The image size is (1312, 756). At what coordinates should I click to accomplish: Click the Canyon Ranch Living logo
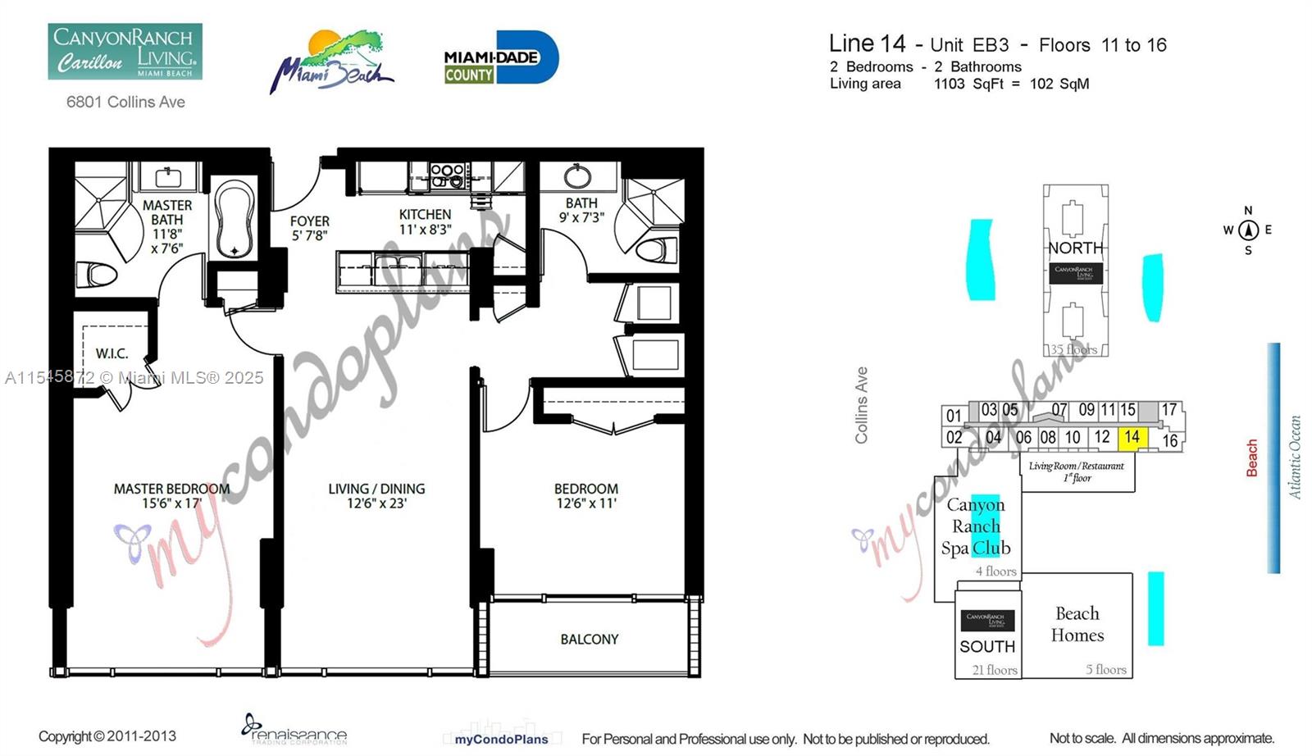pyautogui.click(x=125, y=52)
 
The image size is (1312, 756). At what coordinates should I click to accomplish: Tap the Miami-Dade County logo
pyautogui.click(x=501, y=58)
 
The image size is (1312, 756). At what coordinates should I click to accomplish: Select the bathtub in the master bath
pyautogui.click(x=235, y=219)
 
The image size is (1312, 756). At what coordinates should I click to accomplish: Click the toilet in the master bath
pyautogui.click(x=97, y=273)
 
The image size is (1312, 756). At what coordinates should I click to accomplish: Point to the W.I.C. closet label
pyautogui.click(x=112, y=353)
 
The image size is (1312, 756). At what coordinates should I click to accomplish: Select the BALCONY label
pyautogui.click(x=589, y=639)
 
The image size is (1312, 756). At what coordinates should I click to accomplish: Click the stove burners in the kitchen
pyautogui.click(x=447, y=175)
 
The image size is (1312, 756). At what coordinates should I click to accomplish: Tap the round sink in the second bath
pyautogui.click(x=578, y=175)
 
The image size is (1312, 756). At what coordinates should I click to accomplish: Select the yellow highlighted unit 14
pyautogui.click(x=1132, y=437)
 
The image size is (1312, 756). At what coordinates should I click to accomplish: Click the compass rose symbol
pyautogui.click(x=1248, y=230)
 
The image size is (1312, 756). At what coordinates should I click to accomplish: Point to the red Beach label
pyautogui.click(x=1252, y=458)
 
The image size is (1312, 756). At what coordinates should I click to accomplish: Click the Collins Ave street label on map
pyautogui.click(x=861, y=405)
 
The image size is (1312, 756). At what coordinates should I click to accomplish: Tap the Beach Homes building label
pyautogui.click(x=1077, y=624)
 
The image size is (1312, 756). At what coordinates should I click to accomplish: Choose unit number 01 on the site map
pyautogui.click(x=953, y=415)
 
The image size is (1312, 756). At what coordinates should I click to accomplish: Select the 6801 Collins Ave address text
pyautogui.click(x=125, y=102)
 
